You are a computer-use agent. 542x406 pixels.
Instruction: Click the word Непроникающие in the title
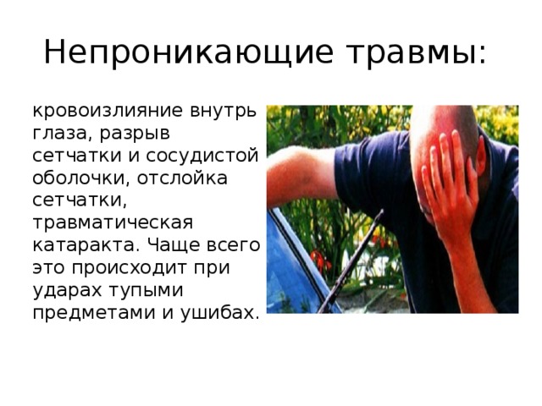coord(172,52)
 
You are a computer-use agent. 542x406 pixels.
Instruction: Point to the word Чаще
coord(169,246)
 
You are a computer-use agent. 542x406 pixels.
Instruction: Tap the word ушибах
coord(218,313)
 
